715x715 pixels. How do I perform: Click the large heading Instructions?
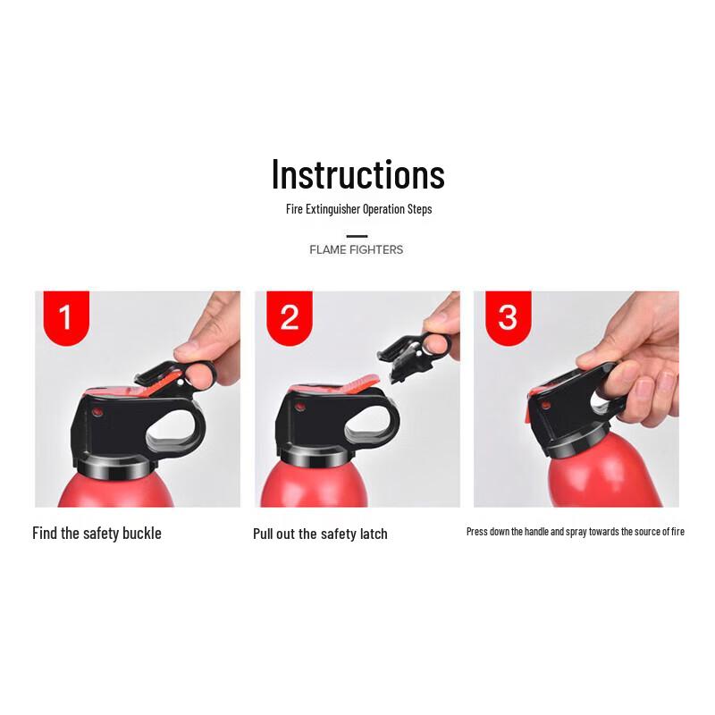[357, 174]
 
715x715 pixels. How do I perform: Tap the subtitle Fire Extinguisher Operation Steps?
[357, 209]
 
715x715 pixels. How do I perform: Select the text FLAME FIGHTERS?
[356, 249]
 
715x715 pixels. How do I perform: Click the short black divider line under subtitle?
[357, 236]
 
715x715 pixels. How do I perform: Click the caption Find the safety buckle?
[97, 534]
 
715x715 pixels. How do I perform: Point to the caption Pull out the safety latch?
[320, 534]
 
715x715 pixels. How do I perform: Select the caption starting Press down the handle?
[575, 532]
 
